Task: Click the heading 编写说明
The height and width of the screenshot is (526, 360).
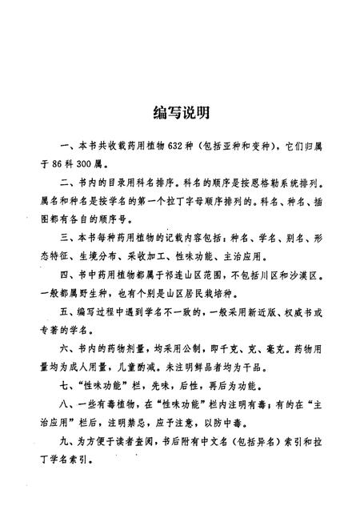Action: [x=180, y=110]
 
